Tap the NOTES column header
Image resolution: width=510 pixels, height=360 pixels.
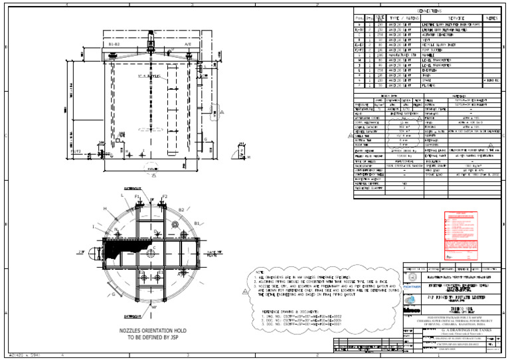click(491, 19)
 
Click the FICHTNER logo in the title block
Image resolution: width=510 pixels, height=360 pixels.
click(411, 282)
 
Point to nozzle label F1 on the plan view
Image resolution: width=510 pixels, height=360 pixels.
click(137, 197)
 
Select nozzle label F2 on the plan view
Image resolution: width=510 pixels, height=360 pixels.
click(165, 197)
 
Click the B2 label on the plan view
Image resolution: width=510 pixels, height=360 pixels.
click(180, 210)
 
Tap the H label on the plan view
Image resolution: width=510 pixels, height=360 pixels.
click(104, 209)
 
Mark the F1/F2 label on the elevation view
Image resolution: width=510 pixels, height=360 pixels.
click(75, 152)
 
